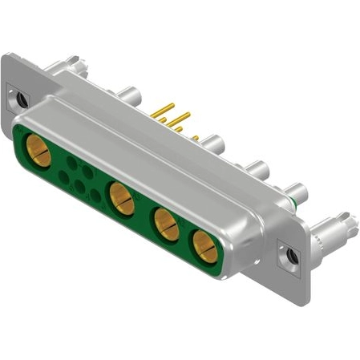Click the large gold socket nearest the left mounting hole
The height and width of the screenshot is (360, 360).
coord(38,150)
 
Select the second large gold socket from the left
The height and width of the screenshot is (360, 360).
coord(121,198)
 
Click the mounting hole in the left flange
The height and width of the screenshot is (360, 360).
coord(21,100)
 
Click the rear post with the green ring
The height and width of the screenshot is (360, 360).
coord(294,193)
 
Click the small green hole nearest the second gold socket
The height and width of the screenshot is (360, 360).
coord(95,194)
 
